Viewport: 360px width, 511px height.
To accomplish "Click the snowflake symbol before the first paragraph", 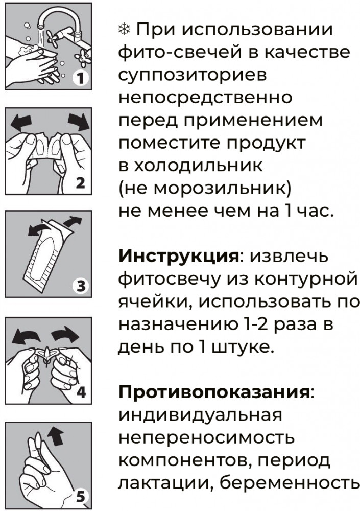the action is pyautogui.click(x=124, y=30).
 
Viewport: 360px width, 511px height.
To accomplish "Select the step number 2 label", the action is pyautogui.click(x=81, y=183).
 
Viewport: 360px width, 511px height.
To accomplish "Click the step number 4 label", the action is pyautogui.click(x=81, y=392).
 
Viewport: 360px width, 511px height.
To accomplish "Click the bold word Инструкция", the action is pyautogui.click(x=179, y=257).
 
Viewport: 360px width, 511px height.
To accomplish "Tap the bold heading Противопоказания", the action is pyautogui.click(x=213, y=392).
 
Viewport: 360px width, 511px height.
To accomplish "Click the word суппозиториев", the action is pyautogui.click(x=193, y=76).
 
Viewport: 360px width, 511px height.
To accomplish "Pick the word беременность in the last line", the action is pyautogui.click(x=289, y=483).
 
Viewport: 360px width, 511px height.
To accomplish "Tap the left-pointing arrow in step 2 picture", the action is pyautogui.click(x=21, y=123).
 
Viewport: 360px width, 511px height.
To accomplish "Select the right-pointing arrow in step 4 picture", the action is pyautogui.click(x=65, y=336).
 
